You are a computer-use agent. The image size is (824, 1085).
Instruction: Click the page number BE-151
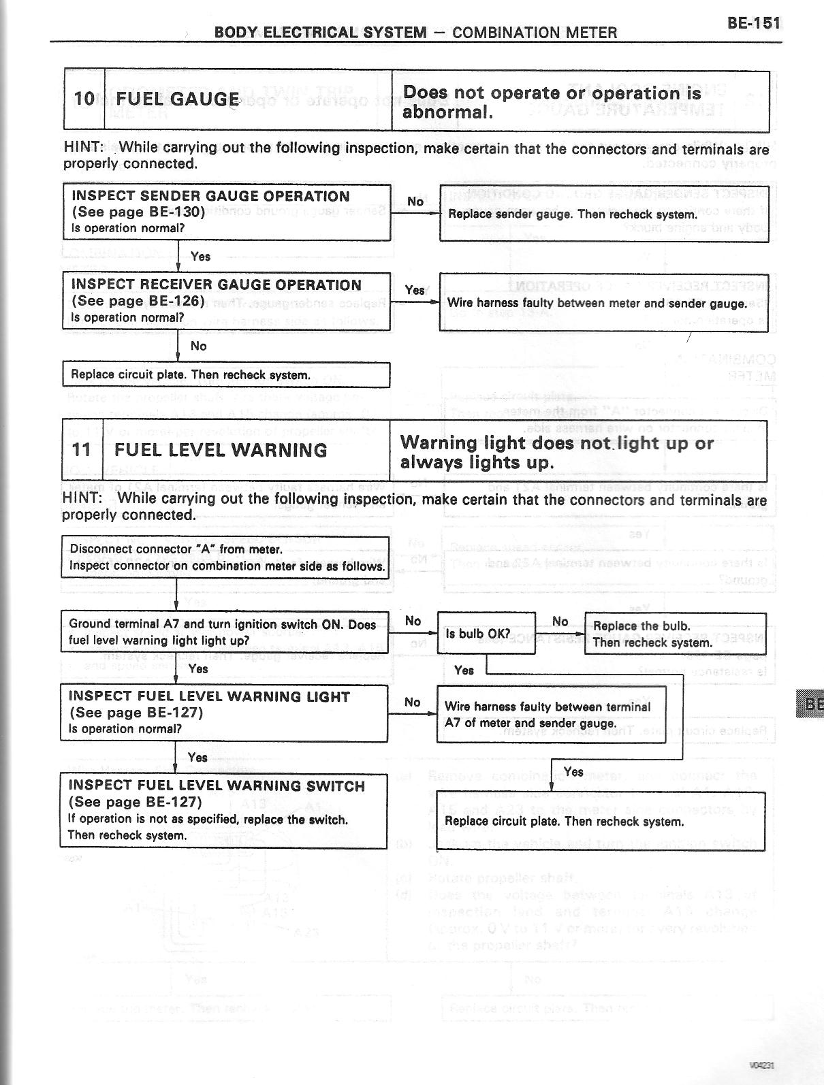pyautogui.click(x=752, y=22)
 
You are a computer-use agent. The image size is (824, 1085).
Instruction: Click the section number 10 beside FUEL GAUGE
pyautogui.click(x=84, y=99)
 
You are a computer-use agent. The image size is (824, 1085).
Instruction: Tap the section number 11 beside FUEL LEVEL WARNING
pyautogui.click(x=81, y=450)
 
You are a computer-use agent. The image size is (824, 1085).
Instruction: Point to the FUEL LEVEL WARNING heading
pyautogui.click(x=221, y=450)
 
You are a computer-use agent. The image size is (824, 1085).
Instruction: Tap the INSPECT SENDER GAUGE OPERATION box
pyautogui.click(x=226, y=212)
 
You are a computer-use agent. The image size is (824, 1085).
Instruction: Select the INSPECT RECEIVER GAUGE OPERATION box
pyautogui.click(x=226, y=301)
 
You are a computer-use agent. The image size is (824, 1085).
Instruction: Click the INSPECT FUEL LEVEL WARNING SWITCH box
pyautogui.click(x=223, y=810)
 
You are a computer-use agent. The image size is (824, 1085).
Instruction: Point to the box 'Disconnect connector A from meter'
pyautogui.click(x=225, y=557)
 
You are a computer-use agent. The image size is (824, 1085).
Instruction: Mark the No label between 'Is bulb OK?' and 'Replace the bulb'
pyautogui.click(x=560, y=621)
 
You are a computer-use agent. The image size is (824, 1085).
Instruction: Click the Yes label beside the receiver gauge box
pyautogui.click(x=414, y=290)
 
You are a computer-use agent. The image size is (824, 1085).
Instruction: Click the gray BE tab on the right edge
pyautogui.click(x=813, y=704)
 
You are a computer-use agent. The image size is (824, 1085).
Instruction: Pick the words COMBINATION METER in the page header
pyautogui.click(x=535, y=33)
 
